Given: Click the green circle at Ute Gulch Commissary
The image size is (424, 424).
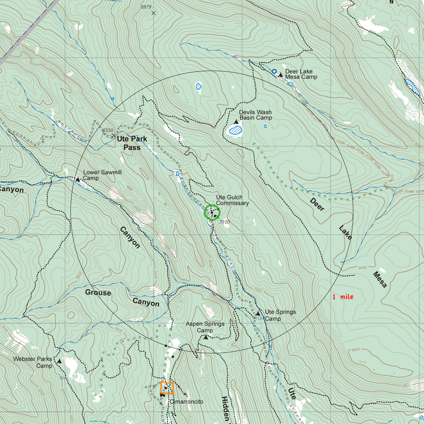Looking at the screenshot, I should (x=212, y=212).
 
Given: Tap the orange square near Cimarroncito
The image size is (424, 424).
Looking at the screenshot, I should (x=167, y=388).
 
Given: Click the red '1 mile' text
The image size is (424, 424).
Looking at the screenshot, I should (x=343, y=297).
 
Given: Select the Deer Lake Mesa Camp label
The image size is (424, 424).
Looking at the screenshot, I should (x=301, y=74).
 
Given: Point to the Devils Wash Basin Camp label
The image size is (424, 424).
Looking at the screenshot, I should (x=256, y=115).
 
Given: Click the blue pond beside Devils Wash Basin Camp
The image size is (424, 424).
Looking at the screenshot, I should (x=235, y=129).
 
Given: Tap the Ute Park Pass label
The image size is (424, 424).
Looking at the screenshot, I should (x=132, y=143).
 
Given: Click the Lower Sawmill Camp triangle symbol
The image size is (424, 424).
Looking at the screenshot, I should (x=78, y=179).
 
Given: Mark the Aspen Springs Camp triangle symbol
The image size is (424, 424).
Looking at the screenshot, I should (x=206, y=337).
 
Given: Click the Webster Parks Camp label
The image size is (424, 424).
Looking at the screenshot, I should (x=32, y=362).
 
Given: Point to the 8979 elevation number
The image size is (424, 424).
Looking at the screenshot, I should (x=146, y=6).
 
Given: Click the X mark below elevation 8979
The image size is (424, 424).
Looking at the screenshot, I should (x=154, y=13).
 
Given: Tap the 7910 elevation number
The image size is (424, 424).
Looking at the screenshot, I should (x=225, y=222).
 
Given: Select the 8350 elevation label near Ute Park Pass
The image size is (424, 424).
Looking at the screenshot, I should (x=108, y=130).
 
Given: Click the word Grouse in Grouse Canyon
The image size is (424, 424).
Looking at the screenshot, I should (x=98, y=293).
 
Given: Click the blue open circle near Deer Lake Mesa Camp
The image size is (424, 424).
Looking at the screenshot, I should (x=274, y=71).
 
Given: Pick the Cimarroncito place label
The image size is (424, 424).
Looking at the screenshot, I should (x=186, y=402).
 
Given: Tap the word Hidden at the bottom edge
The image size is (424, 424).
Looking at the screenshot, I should (x=225, y=409).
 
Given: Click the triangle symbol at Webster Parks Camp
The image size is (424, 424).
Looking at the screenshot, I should (x=60, y=360).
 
